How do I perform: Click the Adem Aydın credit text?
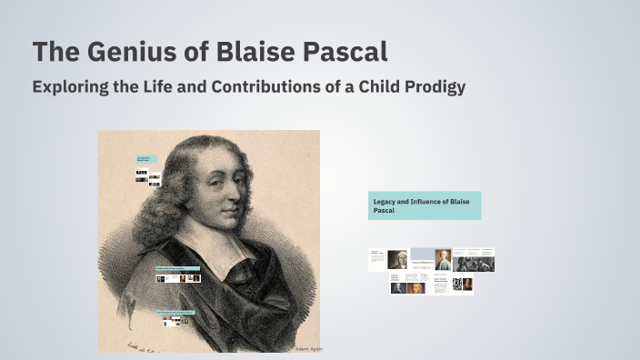coord(308,349)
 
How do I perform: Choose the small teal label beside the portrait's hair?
coord(147,158)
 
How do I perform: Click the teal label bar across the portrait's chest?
coord(176,268)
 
